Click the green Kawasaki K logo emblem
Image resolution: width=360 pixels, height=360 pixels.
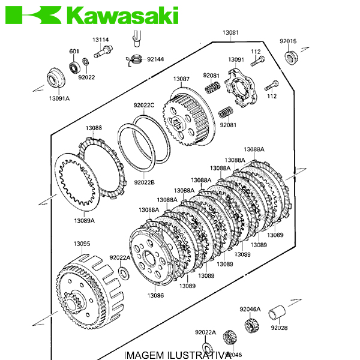[x=33, y=15]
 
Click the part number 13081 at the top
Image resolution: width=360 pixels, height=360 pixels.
[x=230, y=32]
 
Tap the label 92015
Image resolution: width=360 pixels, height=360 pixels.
[x=288, y=41]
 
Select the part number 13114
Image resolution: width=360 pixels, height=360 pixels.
[x=101, y=40]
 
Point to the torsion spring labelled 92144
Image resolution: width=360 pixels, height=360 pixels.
[x=134, y=60]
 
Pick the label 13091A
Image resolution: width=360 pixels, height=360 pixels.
[x=59, y=98]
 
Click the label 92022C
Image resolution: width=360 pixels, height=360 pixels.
[x=144, y=105]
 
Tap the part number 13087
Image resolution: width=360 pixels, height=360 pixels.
[x=181, y=79]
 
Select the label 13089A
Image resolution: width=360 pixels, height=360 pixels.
[x=84, y=221]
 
